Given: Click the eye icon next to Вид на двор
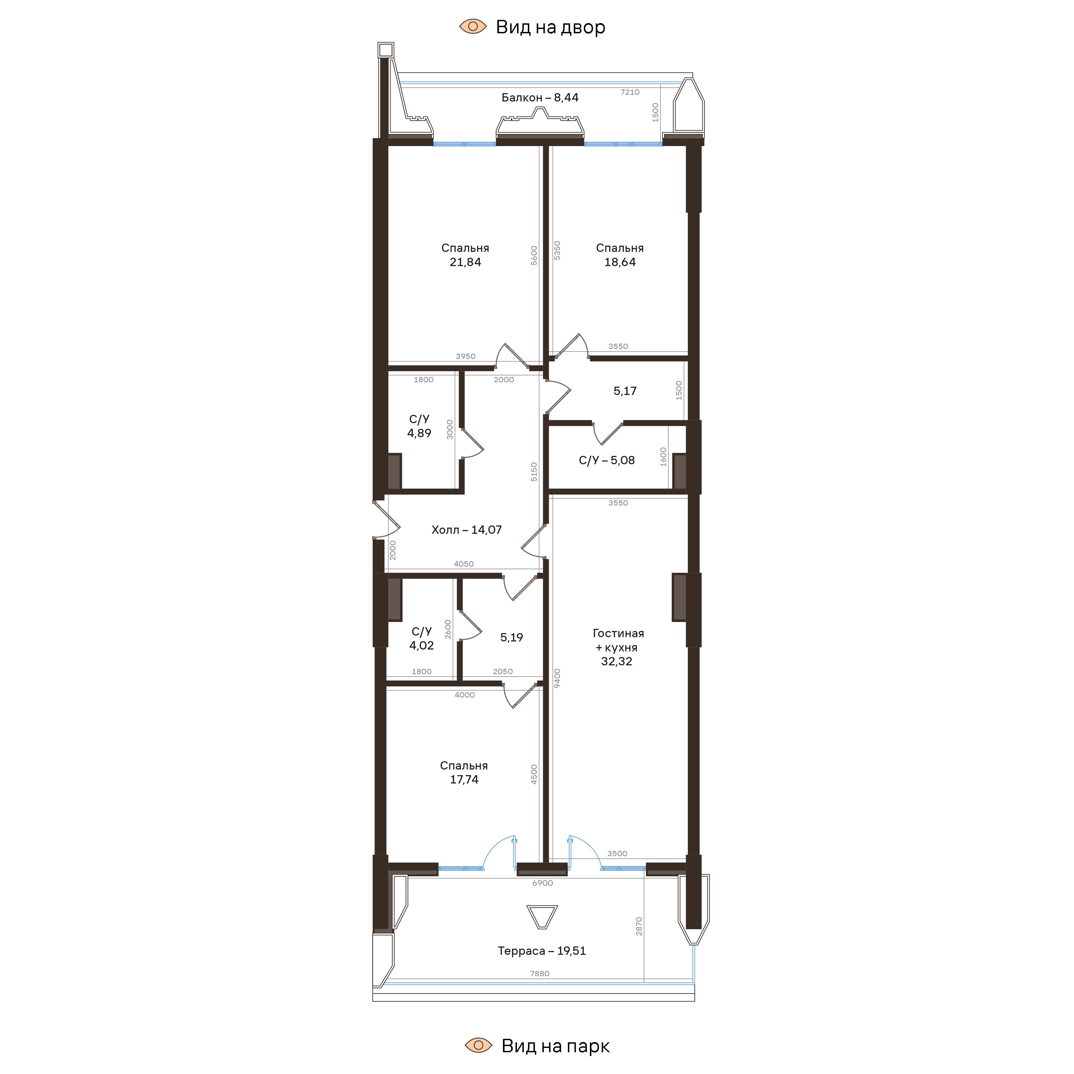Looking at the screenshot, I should point(473,26).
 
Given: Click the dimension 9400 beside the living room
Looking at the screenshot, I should point(557,678).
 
